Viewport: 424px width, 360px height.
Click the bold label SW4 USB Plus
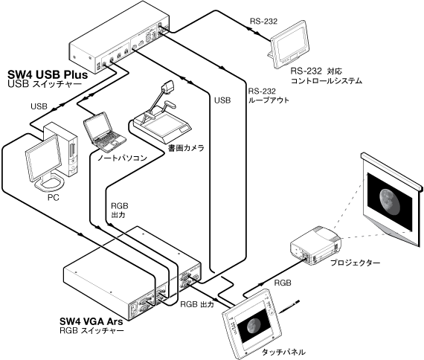[x=48, y=74]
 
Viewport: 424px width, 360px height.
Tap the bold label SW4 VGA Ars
[x=91, y=321]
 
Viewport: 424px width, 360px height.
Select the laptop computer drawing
[x=104, y=132]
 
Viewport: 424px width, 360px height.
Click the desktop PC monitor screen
[x=44, y=158]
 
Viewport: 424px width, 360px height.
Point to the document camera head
[x=167, y=87]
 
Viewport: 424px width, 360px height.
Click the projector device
[x=315, y=243]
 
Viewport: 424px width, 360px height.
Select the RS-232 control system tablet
[x=290, y=45]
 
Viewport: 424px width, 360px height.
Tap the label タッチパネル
[x=284, y=352]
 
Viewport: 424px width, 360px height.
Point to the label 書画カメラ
[x=186, y=148]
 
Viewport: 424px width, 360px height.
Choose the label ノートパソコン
[x=122, y=158]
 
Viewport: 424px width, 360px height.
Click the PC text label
[x=54, y=198]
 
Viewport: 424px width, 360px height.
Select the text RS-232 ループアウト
[x=269, y=95]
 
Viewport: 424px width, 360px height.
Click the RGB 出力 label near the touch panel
[x=197, y=304]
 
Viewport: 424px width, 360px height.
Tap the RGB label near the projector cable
[x=283, y=283]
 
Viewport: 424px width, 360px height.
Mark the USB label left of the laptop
[x=39, y=106]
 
